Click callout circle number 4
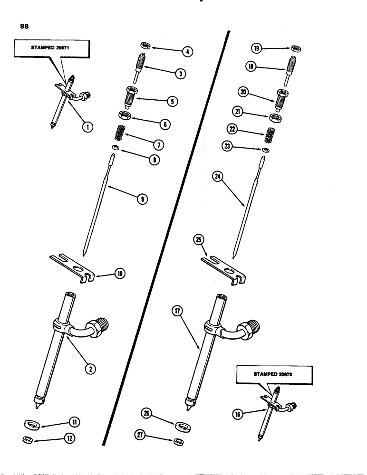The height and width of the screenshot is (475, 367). coord(189,52)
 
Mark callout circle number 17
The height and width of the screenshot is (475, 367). coord(179,312)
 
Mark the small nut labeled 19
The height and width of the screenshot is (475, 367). coord(296,49)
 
